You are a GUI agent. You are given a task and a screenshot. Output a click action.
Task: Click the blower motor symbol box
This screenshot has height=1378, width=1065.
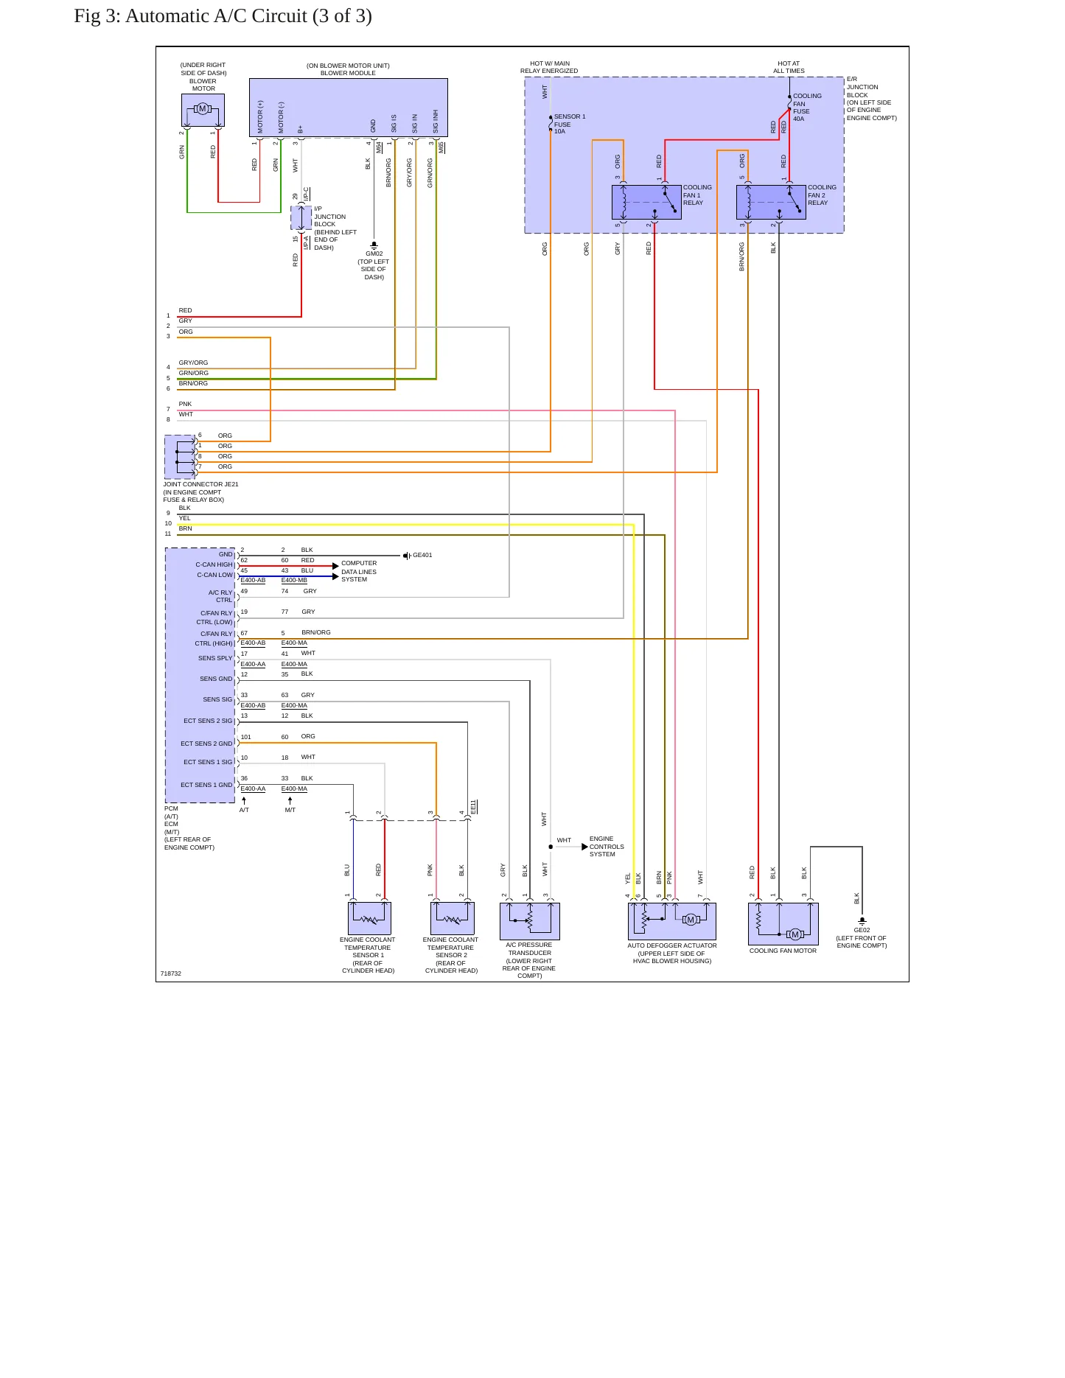pos(203,110)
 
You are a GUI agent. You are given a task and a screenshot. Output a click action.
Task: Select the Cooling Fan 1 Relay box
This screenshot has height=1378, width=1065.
pos(646,202)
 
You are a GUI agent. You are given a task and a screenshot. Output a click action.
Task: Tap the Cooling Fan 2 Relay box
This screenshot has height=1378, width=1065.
pos(771,202)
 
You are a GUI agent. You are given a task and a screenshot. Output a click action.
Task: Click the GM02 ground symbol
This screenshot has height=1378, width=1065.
pos(374,245)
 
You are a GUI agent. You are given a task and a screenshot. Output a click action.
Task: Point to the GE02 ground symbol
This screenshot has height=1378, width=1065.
pos(862,920)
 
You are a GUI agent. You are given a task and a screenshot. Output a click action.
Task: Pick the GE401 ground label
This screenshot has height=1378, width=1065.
pos(422,555)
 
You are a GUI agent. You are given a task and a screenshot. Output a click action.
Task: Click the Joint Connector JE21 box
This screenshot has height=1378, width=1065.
pos(180,457)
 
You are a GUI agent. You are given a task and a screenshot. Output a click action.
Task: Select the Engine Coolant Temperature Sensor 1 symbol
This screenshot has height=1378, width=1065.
pos(369,918)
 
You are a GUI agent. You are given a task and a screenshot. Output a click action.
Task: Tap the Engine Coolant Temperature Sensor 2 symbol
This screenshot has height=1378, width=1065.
pos(452,918)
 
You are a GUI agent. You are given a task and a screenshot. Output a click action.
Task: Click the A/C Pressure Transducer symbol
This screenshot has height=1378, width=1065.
pos(530,921)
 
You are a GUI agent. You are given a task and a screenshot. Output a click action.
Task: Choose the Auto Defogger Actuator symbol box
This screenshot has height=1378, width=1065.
pos(672,921)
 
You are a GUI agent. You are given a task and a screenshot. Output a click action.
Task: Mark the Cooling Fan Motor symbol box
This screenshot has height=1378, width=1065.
pos(783,923)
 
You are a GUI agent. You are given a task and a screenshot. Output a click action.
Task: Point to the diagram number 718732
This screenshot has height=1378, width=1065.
pos(171,973)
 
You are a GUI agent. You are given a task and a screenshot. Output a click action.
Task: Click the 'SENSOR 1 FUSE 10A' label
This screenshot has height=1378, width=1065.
pos(570,124)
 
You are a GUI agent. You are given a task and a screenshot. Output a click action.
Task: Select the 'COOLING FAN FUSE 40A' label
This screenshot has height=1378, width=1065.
pos(807,108)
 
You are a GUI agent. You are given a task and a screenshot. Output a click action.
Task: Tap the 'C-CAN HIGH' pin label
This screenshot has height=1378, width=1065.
pos(214,564)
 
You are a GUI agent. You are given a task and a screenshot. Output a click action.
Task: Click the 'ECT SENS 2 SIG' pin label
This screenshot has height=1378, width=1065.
pos(208,721)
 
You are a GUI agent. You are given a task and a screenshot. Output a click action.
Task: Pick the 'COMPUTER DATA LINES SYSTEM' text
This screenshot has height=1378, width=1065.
pos(359,571)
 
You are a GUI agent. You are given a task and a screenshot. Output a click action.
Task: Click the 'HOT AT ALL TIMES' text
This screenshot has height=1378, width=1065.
pos(789,67)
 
